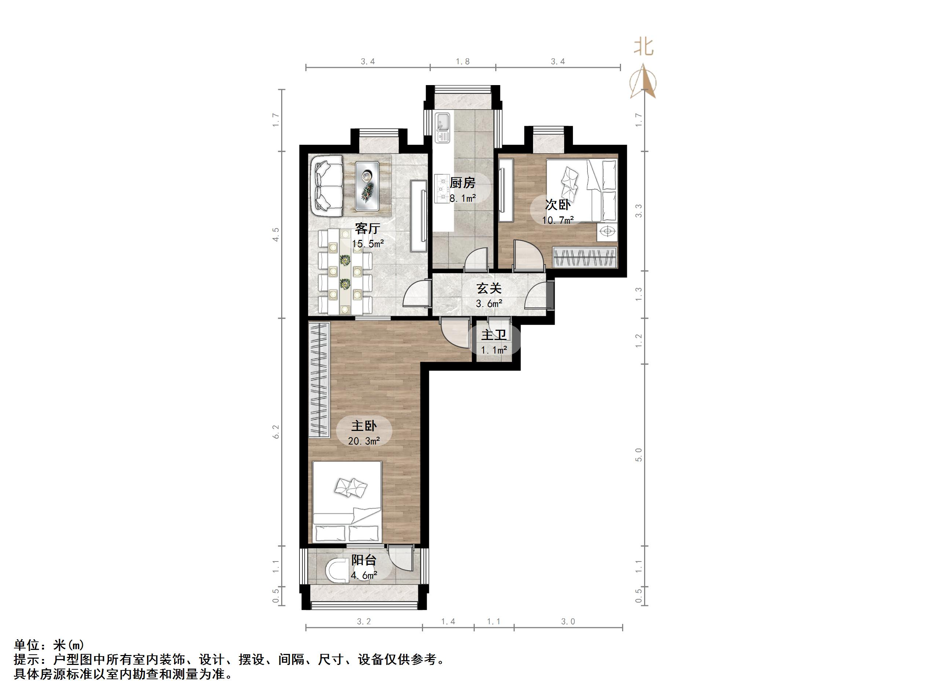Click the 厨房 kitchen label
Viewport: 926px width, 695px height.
462,183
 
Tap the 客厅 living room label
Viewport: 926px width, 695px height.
367,228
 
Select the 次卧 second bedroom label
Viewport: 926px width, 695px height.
557,205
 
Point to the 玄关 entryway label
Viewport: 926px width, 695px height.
489,288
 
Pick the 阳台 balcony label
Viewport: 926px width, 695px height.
363,560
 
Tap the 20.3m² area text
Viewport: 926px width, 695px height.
364,441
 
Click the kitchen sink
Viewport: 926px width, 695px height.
442,127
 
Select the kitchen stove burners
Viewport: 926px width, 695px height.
442,189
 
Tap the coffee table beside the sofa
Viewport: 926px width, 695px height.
368,186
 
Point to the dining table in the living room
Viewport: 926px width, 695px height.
345,271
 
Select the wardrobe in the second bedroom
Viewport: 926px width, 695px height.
585,257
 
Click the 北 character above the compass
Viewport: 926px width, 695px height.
644,47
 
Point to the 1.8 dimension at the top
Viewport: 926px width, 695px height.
463,62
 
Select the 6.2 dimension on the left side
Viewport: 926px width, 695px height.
276,432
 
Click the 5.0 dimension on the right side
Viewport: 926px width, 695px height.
638,454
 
